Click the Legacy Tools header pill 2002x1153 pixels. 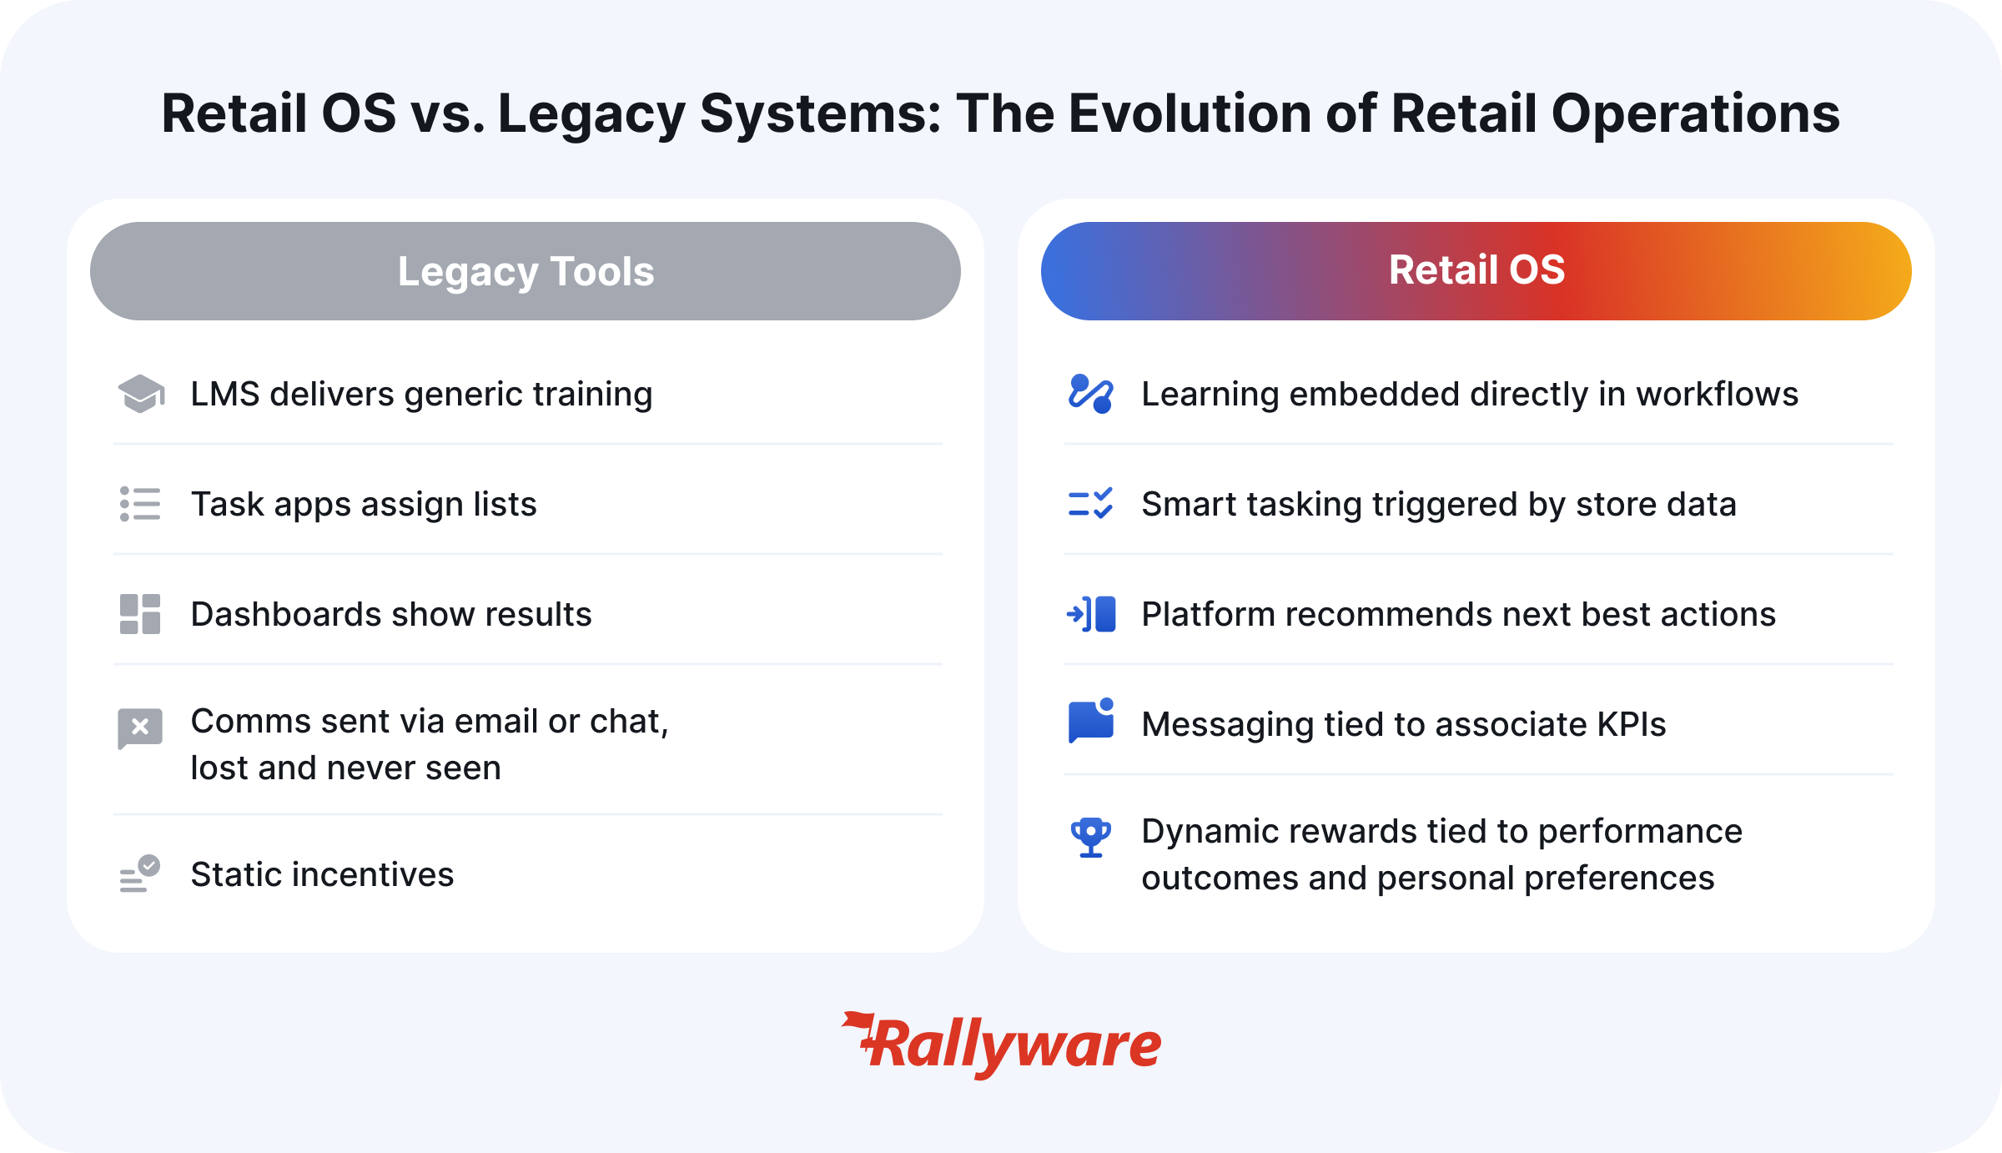click(526, 271)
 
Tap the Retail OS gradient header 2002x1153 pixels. click(1476, 271)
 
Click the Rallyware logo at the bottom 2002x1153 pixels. click(1001, 1045)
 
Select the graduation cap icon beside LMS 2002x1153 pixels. click(141, 394)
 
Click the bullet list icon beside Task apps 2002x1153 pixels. click(140, 504)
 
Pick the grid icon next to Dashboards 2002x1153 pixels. click(140, 614)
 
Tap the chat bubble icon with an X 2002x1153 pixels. click(140, 728)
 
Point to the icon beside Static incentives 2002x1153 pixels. click(140, 874)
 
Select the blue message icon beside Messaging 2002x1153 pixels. click(1091, 721)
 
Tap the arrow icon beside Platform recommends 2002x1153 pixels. click(1091, 614)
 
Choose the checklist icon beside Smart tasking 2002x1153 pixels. click(1091, 504)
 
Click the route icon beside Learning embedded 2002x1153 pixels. click(1091, 394)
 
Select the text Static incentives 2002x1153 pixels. click(322, 874)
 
